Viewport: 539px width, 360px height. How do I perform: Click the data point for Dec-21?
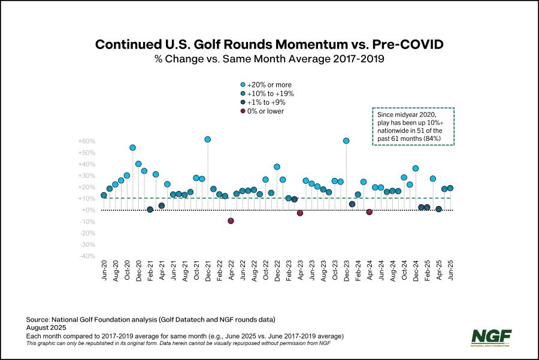pos(207,139)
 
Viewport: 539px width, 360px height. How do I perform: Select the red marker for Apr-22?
pos(231,220)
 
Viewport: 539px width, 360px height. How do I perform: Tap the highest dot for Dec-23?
pos(346,141)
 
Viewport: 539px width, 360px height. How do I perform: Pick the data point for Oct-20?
pos(126,176)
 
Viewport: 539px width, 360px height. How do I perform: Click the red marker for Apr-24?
pos(370,212)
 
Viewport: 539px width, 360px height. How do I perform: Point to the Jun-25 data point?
pos(450,188)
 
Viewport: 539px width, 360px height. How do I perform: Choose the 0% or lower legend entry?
pos(264,111)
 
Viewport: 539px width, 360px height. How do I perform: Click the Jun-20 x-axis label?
pos(104,273)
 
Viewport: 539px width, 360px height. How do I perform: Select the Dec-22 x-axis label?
pos(277,273)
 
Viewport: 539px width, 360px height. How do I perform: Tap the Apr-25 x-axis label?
pos(439,273)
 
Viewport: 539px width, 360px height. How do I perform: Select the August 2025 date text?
pos(51,328)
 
